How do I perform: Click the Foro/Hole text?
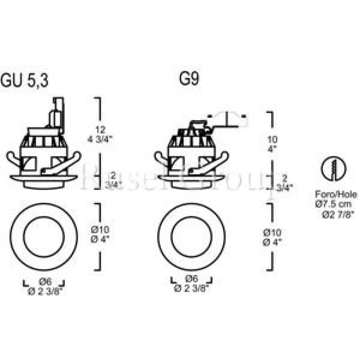[336, 195]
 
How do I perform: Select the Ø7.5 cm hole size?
[336, 204]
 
